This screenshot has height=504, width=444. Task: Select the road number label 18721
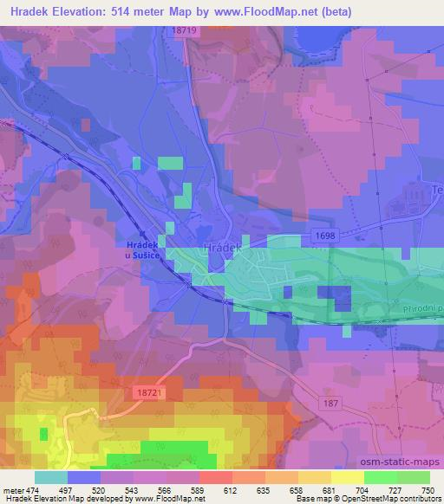(x=150, y=392)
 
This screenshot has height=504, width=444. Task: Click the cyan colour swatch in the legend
(x=51, y=477)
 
